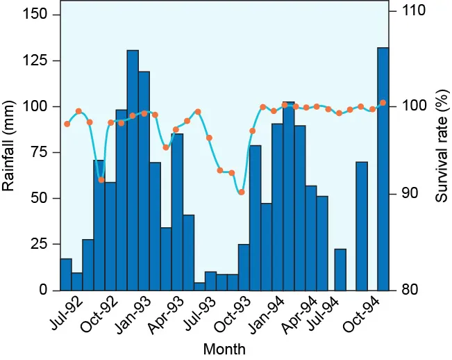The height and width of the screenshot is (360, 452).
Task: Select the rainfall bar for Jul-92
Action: pyautogui.click(x=66, y=275)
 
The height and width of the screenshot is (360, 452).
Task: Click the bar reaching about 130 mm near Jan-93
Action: pyautogui.click(x=133, y=170)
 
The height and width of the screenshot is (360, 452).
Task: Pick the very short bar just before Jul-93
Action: pyautogui.click(x=199, y=286)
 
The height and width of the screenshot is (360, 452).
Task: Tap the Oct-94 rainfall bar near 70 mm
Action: pyautogui.click(x=361, y=226)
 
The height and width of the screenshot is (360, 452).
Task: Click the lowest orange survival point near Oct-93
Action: pyautogui.click(x=241, y=192)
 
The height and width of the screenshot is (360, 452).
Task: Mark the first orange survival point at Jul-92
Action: pyautogui.click(x=67, y=124)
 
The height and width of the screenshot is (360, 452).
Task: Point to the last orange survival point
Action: pyautogui.click(x=383, y=103)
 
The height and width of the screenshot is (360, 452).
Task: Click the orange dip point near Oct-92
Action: pyautogui.click(x=101, y=180)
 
